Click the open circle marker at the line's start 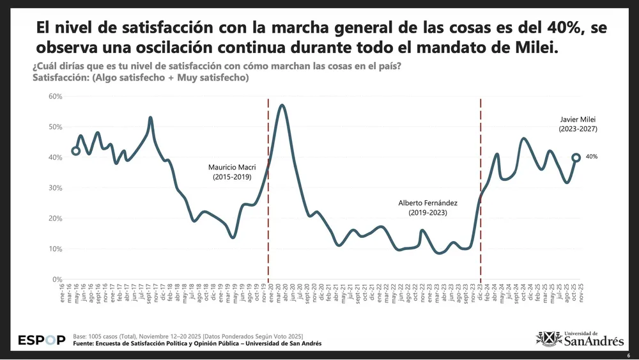pos(76,151)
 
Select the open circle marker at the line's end pos(576,157)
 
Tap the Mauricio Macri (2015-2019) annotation pos(231,172)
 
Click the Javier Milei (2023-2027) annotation pos(577,124)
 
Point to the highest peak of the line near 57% pos(282,105)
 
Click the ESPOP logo pos(42,340)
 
